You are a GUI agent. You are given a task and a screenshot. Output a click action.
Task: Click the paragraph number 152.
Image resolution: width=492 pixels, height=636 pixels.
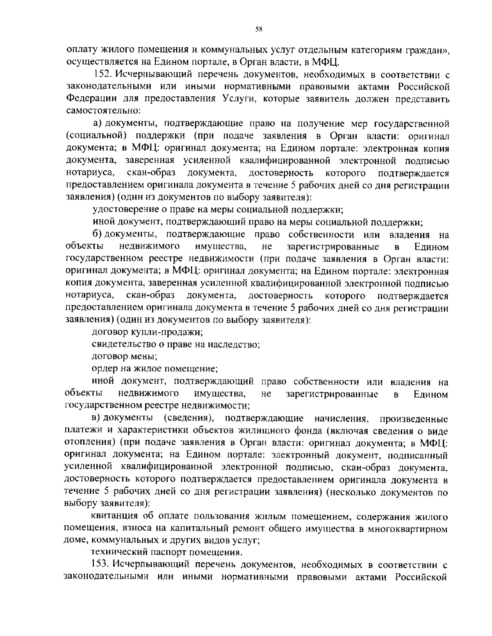click(x=101, y=75)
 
